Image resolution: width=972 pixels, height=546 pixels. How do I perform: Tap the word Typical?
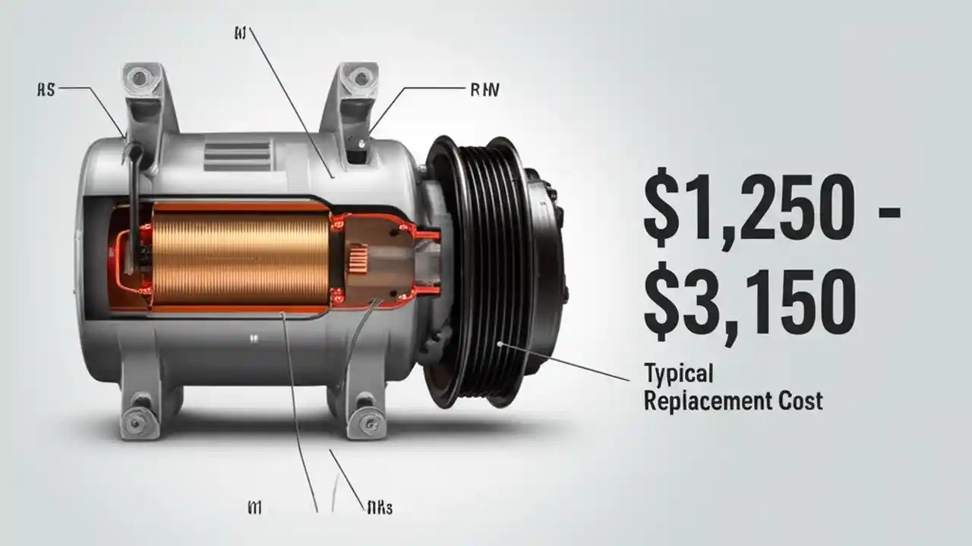(x=678, y=373)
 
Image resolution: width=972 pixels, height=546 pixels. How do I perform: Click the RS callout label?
(x=46, y=89)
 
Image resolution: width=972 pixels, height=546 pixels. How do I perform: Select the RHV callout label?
(x=484, y=89)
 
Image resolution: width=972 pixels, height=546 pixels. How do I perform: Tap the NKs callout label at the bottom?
(x=377, y=507)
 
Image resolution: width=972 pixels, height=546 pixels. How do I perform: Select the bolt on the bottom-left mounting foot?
(x=137, y=417)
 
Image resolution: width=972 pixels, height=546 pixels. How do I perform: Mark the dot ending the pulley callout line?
(x=500, y=344)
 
